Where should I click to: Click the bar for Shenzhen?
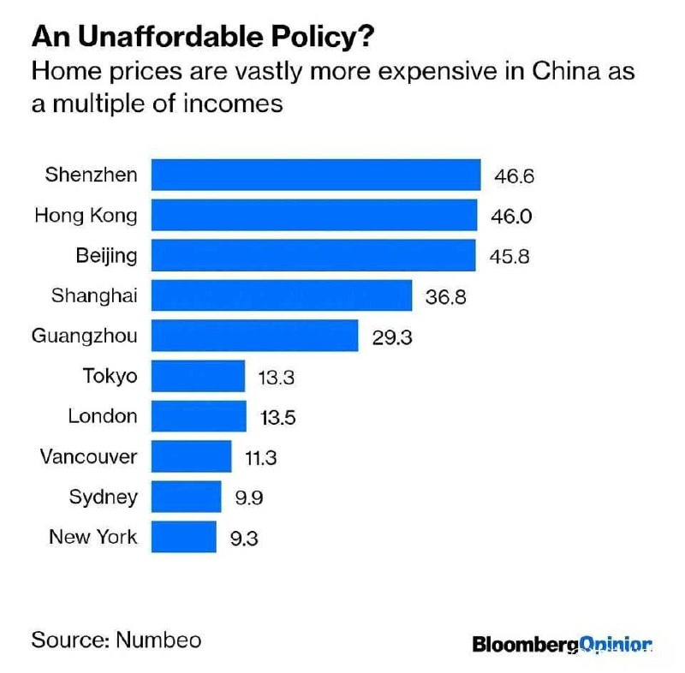(316, 175)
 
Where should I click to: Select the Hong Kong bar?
(314, 215)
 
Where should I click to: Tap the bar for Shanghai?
(282, 295)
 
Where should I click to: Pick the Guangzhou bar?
(254, 336)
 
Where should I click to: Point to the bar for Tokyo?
(198, 376)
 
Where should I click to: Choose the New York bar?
(184, 537)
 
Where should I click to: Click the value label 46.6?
(514, 176)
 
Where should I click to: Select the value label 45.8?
(511, 256)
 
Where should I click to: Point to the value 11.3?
(260, 458)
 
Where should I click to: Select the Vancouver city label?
(87, 456)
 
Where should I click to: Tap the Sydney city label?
(103, 497)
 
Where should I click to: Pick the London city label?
(102, 416)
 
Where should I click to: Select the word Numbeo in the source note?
(158, 640)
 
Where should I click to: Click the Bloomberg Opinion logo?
(562, 644)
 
